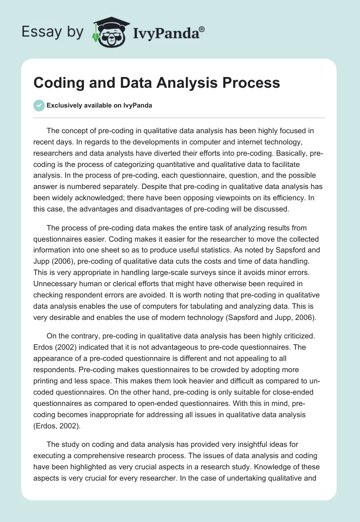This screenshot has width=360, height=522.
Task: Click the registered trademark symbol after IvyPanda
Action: coord(202,29)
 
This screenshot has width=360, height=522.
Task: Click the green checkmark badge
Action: coord(39,105)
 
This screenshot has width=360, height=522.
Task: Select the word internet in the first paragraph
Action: coord(251,142)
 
